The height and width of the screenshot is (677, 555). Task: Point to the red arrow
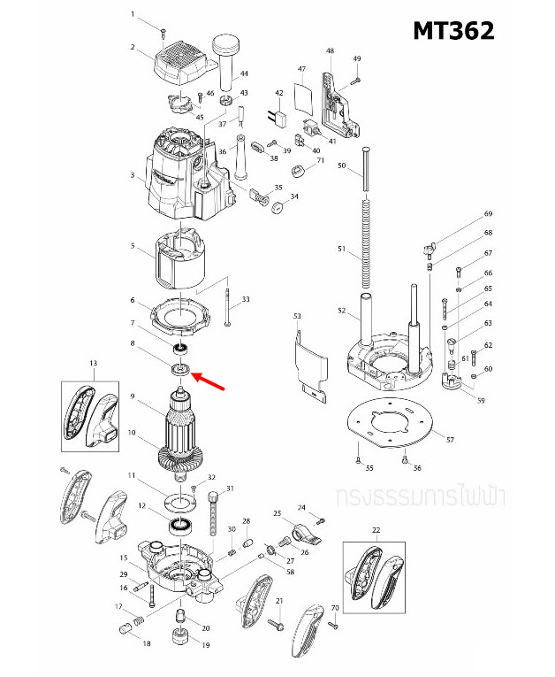[209, 381]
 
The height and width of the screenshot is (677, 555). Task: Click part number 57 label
[450, 440]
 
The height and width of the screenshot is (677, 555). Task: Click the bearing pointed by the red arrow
[181, 368]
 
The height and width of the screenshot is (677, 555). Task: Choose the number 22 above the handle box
[376, 530]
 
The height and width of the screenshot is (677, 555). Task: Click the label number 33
[245, 300]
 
